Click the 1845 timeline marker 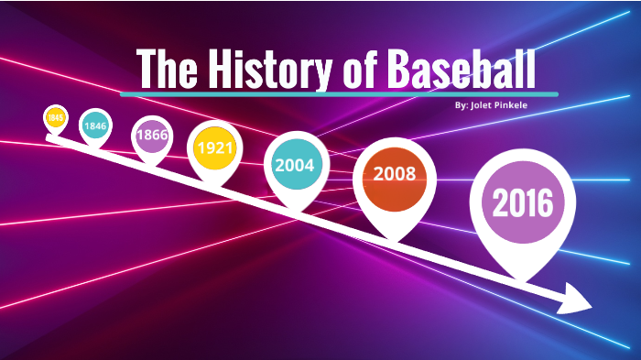56,117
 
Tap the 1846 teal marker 94,125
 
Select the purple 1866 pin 150,136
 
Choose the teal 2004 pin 295,166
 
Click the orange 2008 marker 394,173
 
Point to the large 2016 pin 523,202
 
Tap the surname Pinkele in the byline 516,105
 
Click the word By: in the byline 461,105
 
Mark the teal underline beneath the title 339,93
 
